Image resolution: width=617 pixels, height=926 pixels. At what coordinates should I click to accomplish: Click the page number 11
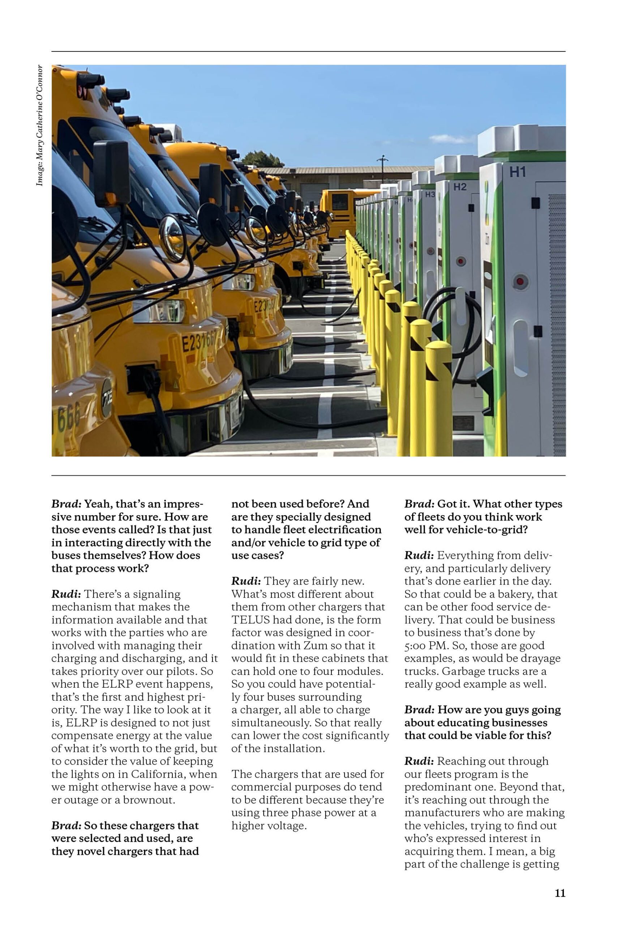pos(560,893)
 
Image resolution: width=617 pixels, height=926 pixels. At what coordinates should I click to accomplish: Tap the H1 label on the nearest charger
pos(518,172)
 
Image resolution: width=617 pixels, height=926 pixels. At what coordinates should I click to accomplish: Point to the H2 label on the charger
pos(460,187)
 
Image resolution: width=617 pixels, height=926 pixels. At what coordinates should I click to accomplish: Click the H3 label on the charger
pos(430,195)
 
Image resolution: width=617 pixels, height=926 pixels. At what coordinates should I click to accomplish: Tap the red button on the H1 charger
pos(520,281)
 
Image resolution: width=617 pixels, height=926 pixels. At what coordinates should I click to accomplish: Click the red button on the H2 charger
pos(461,261)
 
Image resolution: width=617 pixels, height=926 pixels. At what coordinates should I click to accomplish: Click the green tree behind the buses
pos(262,160)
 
